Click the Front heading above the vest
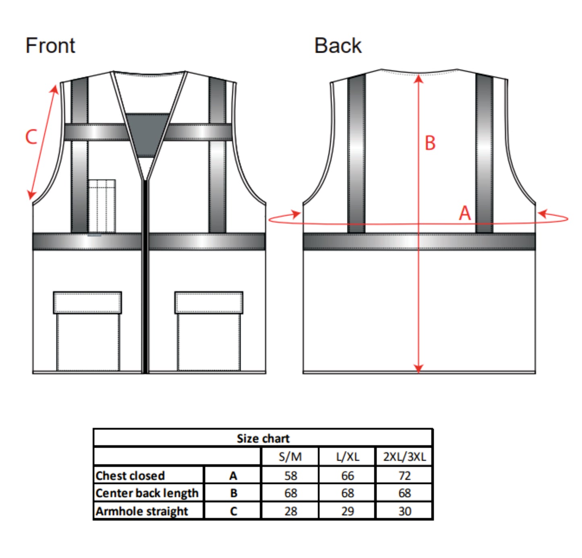pyautogui.click(x=50, y=45)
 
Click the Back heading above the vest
pyautogui.click(x=338, y=45)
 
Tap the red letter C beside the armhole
pyautogui.click(x=31, y=137)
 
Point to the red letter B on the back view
pyautogui.click(x=430, y=143)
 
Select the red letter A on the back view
pyautogui.click(x=465, y=213)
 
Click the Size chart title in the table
pyautogui.click(x=263, y=438)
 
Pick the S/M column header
pyautogui.click(x=290, y=457)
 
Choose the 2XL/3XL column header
pyautogui.click(x=404, y=457)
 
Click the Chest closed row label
pyautogui.click(x=130, y=475)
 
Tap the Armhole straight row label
pyautogui.click(x=142, y=511)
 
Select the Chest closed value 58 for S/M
pyautogui.click(x=290, y=475)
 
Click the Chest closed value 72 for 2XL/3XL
pyautogui.click(x=404, y=475)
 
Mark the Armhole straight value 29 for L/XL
pyautogui.click(x=347, y=511)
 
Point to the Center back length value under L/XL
pyautogui.click(x=347, y=493)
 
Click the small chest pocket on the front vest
pyautogui.click(x=102, y=206)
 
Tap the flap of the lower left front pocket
pyautogui.click(x=87, y=303)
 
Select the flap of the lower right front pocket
pyautogui.click(x=209, y=303)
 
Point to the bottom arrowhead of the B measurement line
pyautogui.click(x=418, y=368)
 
